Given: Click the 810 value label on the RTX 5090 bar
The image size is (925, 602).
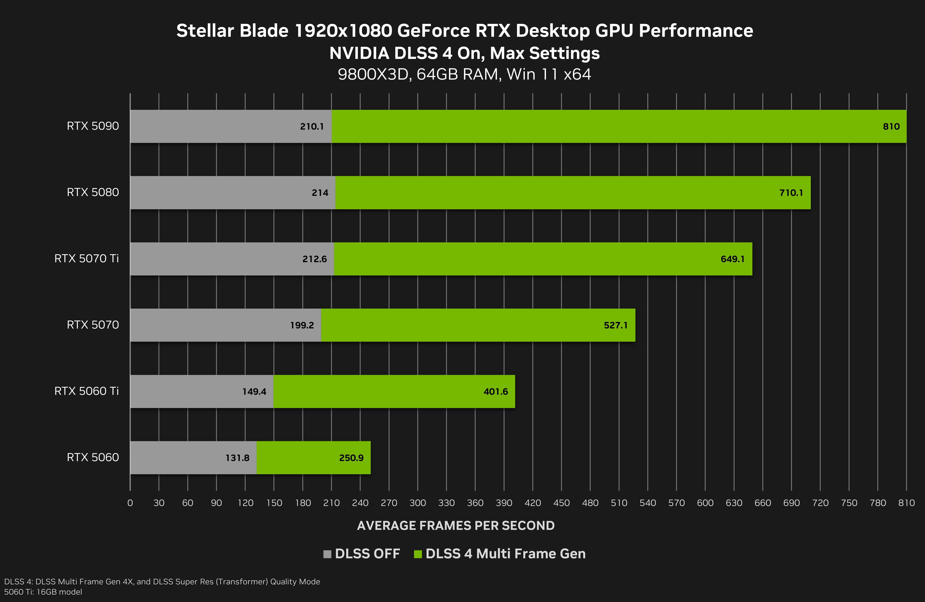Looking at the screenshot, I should pos(891,126).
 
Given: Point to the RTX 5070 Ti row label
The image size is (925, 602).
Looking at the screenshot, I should pos(86,259).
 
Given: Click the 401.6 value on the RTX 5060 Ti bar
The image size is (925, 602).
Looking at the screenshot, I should pos(496,392).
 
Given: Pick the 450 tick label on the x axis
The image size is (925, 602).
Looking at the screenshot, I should pos(561,503).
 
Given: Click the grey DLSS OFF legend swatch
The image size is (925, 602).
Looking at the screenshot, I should pos(327,554).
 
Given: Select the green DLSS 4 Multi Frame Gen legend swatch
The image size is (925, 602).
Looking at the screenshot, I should pos(418,554).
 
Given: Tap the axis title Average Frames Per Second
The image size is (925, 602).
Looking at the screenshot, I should pos(456,526).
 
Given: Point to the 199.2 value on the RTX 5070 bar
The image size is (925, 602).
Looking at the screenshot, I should pos(302,325).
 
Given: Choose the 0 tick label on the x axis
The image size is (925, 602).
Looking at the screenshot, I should pos(130,503).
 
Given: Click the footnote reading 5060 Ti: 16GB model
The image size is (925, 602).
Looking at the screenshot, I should pos(43,592).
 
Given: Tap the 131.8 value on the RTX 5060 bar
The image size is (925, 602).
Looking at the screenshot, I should pos(237,458).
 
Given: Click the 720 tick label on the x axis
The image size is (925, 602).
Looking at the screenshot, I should pos(820,503).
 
